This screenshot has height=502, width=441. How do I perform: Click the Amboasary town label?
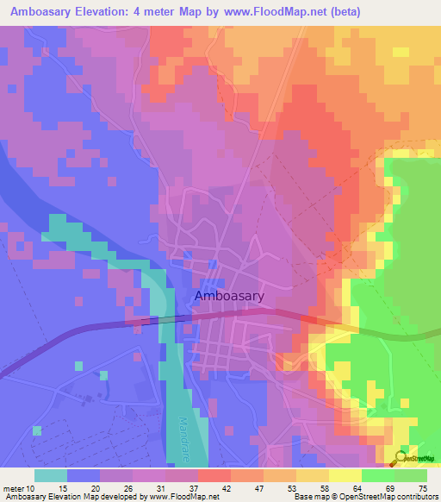pyautogui.click(x=229, y=295)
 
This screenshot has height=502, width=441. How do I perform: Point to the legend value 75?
pyautogui.click(x=421, y=489)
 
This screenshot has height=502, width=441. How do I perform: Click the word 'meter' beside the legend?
pyautogui.click(x=15, y=489)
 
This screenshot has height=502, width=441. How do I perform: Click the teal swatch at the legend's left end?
pyautogui.click(x=50, y=475)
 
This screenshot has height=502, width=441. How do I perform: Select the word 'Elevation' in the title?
pyautogui.click(x=99, y=11)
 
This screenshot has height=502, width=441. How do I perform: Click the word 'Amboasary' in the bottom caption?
pyautogui.click(x=24, y=498)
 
